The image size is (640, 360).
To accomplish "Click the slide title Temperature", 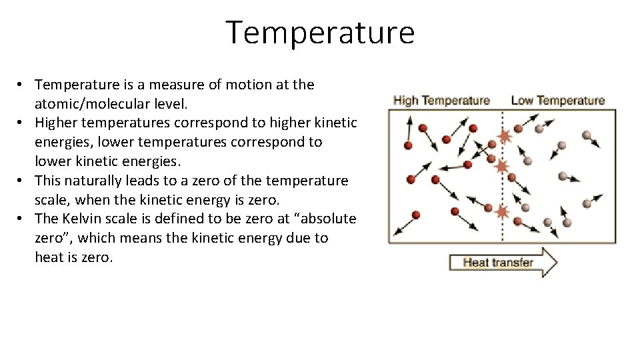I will point(320,32).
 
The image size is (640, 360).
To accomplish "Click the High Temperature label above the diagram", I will point(441,101).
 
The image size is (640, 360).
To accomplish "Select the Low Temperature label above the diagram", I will point(557,101).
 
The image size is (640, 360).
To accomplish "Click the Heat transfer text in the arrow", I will point(498,262).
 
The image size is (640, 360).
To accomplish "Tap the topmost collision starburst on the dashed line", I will point(505,136).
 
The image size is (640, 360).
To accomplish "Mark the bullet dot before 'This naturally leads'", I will point(22,181).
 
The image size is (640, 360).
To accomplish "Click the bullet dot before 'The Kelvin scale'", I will point(22,219).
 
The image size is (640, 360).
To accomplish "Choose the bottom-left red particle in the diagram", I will point(416,215).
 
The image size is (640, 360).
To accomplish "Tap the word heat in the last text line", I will point(47,257).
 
